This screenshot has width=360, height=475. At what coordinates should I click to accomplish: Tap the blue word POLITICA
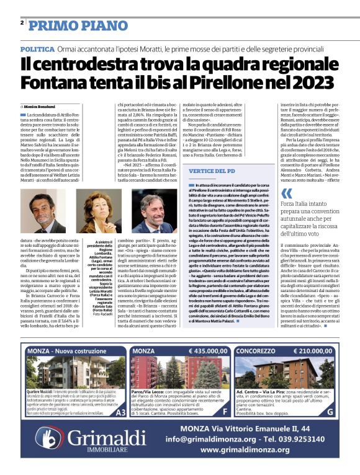(x=37, y=48)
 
